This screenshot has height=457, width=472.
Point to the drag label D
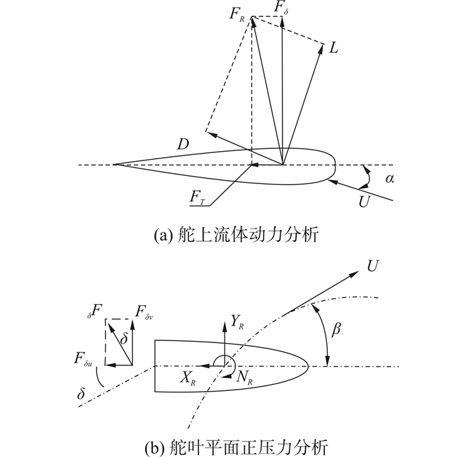click(183, 144)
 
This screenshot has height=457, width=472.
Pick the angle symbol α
click(389, 178)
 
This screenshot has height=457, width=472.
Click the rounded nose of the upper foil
click(335, 164)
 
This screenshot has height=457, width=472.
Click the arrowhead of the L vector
click(322, 44)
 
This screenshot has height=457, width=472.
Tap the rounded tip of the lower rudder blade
click(309, 366)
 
